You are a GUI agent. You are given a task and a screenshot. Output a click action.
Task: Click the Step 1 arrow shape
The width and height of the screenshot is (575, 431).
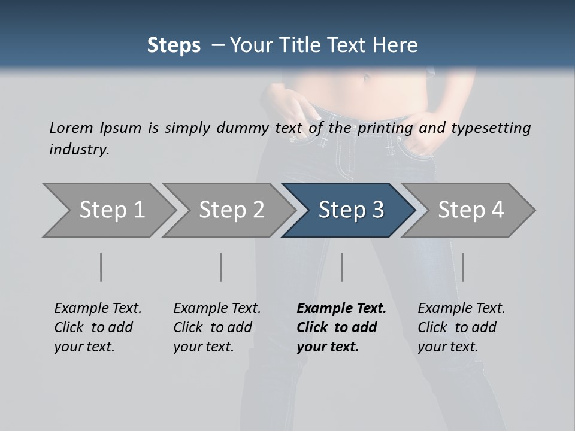coord(108,210)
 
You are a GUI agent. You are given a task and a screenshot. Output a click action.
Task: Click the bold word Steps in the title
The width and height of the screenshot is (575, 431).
coord(174,45)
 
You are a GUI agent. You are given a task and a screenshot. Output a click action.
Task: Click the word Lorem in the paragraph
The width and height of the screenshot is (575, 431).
coord(71,128)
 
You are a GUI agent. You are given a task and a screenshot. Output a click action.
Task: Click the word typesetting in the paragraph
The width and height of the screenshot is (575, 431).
coord(491,128)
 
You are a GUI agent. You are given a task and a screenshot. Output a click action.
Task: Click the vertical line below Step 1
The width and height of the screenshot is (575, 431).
coord(101,267)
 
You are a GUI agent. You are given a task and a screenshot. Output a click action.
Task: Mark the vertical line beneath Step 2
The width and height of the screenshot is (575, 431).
coord(221,267)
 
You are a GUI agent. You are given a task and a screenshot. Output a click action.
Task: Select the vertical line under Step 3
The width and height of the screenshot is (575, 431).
coord(342,267)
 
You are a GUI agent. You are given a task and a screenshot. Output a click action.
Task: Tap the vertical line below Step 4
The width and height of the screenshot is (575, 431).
coord(463,267)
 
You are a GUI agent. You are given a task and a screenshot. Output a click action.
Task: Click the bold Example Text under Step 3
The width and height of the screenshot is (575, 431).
coord(341,327)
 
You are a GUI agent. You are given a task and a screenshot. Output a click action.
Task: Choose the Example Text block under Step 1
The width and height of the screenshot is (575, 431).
coord(98,327)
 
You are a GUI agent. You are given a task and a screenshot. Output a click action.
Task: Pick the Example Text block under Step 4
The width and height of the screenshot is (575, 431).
coord(461,327)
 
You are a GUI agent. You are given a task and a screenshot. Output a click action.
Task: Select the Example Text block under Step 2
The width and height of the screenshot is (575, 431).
coord(217,327)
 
